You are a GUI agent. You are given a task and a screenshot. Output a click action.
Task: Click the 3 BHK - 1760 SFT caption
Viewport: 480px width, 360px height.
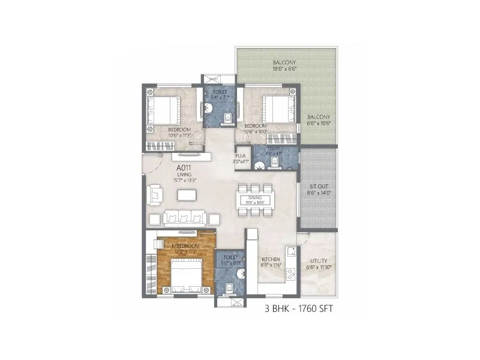click(x=298, y=310)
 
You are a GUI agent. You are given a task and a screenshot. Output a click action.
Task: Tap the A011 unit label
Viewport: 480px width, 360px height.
click(x=184, y=168)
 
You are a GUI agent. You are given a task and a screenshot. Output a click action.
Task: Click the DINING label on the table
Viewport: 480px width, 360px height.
click(x=256, y=198)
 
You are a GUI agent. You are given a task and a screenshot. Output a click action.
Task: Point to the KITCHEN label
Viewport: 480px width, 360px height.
click(x=271, y=260)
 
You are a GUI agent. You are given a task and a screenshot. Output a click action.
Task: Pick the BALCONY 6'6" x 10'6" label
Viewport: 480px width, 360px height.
click(x=319, y=119)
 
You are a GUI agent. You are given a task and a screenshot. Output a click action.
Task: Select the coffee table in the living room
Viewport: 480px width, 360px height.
click(x=188, y=195)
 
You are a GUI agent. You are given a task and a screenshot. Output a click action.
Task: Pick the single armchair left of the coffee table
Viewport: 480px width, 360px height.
click(x=155, y=194)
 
